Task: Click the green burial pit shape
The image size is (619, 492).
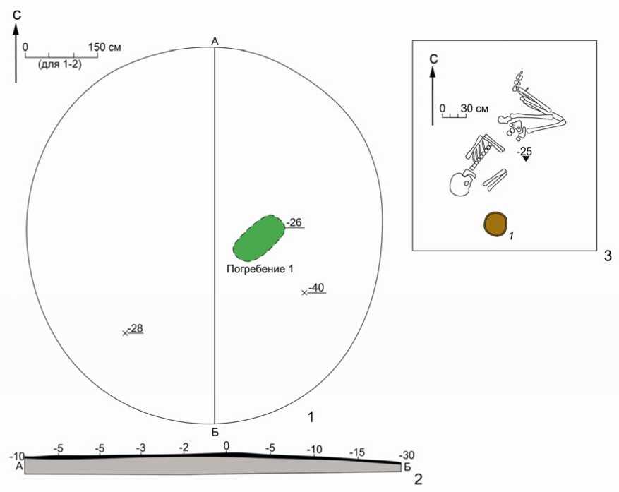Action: (x=258, y=238)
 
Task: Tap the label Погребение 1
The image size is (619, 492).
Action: (x=260, y=270)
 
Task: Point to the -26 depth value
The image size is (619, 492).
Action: (x=294, y=222)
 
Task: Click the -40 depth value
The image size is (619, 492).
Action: (x=316, y=288)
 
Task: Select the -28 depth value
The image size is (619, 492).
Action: (x=136, y=328)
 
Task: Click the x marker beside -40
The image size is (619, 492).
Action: (x=304, y=293)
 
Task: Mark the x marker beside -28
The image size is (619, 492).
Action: (x=125, y=333)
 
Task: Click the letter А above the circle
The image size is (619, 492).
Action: (x=215, y=42)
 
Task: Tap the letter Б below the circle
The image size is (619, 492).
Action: (x=215, y=432)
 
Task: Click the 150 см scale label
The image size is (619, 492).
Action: (x=104, y=47)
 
